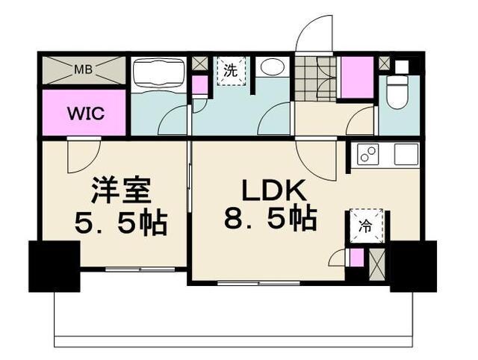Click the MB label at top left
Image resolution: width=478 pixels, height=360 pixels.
pos(82,71)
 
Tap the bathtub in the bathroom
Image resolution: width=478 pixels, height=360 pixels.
pos(159,75)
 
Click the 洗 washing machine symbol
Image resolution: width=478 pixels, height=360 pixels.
pos(231,72)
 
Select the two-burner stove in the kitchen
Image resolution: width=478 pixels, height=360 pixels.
pos(368,155)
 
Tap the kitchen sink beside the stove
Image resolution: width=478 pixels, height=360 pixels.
pos(406,155)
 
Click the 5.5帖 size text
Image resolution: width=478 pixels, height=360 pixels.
pos(119,223)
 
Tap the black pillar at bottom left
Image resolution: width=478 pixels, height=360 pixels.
pos(54,266)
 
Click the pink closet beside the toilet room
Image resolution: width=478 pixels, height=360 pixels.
pos(356,77)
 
